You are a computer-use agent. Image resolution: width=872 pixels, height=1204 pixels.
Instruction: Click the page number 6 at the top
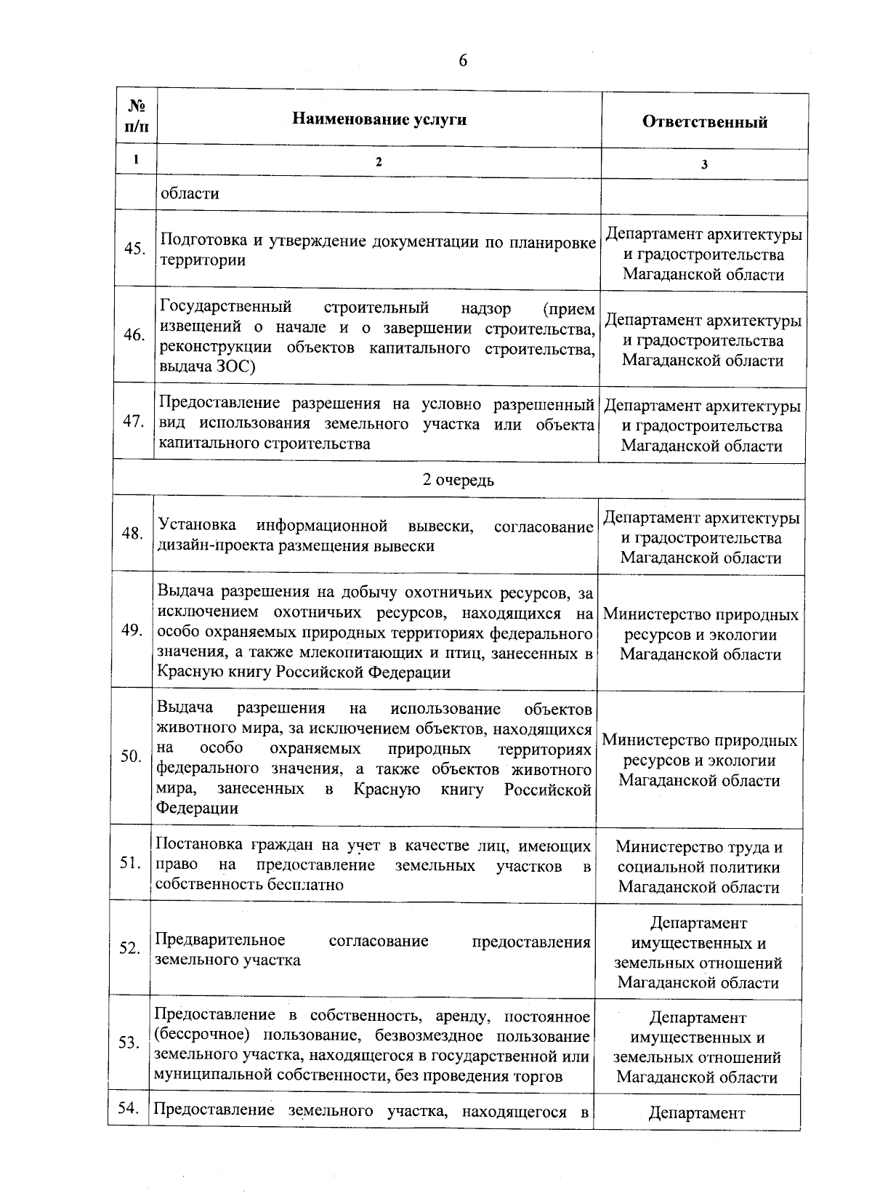[x=463, y=60]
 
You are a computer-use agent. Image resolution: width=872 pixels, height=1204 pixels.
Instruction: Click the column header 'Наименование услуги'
[x=379, y=119]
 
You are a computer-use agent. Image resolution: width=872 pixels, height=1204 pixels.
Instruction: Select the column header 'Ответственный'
[x=704, y=121]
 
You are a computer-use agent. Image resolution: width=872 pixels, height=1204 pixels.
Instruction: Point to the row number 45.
[x=134, y=249]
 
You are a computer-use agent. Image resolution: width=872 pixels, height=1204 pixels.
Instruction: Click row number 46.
[x=134, y=335]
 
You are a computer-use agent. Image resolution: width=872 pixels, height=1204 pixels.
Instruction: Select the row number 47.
[x=134, y=422]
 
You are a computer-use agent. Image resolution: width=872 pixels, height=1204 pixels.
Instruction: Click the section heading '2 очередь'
[x=459, y=480]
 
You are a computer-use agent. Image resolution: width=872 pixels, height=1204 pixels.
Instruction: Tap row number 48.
[x=132, y=534]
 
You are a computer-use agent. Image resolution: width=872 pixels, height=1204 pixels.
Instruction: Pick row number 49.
[x=132, y=630]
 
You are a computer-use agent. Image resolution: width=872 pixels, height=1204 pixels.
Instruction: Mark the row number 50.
[x=131, y=756]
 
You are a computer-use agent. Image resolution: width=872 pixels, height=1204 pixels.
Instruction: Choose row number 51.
[x=130, y=863]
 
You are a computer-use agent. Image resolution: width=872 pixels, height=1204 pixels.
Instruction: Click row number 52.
[x=129, y=948]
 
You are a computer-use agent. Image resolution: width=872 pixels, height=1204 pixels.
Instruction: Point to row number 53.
[x=129, y=1043]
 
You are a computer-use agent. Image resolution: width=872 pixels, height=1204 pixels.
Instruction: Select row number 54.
[x=128, y=1107]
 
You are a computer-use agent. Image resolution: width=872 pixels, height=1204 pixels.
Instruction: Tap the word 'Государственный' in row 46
[x=225, y=307]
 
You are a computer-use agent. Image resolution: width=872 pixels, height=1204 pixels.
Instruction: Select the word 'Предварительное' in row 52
[x=220, y=941]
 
